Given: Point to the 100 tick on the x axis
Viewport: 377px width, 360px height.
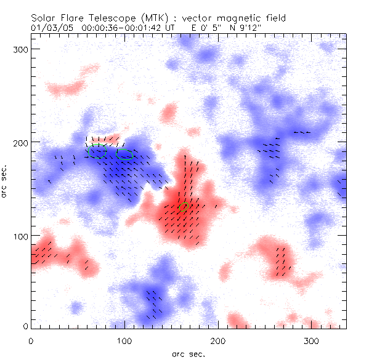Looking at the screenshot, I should point(124,340).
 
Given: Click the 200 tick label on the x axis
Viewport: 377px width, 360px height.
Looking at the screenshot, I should point(218,340).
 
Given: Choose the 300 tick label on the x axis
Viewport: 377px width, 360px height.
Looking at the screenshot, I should point(312,340).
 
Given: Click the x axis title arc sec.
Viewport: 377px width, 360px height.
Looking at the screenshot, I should point(188,354).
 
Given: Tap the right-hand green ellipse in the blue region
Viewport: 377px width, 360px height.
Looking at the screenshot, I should point(124,153).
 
